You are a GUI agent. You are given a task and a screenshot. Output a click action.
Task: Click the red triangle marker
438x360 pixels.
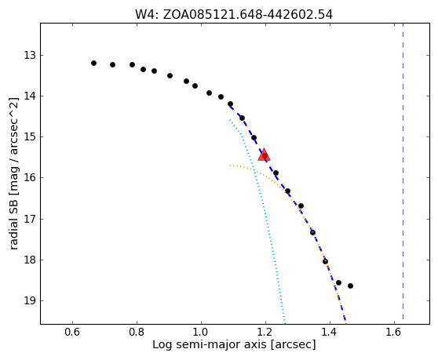(x=264, y=155)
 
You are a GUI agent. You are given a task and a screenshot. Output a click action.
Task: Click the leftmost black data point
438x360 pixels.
(x=93, y=63)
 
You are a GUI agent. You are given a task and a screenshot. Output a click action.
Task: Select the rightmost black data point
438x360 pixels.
(x=350, y=285)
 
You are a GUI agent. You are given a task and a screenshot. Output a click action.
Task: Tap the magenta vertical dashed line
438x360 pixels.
(x=403, y=171)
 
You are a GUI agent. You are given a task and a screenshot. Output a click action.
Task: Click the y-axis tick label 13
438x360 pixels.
(x=30, y=55)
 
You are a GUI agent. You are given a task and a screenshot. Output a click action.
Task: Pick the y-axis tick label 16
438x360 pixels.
(x=30, y=177)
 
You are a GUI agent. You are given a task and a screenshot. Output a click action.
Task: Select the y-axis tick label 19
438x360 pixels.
(x=30, y=300)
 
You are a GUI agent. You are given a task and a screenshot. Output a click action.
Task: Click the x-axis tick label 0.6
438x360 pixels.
(x=72, y=332)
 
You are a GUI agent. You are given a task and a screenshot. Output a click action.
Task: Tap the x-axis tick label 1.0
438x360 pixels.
(x=201, y=332)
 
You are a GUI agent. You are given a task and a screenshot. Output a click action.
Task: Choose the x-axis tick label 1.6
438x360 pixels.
(x=394, y=332)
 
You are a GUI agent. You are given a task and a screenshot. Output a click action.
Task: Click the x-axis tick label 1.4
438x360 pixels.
(x=330, y=332)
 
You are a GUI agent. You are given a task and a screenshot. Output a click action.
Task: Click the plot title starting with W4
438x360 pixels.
(x=234, y=15)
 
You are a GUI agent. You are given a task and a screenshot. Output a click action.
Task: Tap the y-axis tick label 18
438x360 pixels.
(x=30, y=260)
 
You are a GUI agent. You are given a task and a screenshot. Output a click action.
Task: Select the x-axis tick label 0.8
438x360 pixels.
(x=137, y=332)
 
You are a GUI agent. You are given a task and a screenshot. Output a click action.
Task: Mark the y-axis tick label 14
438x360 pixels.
(x=30, y=96)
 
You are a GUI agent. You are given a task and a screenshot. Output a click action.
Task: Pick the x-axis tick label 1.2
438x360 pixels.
(x=265, y=332)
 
